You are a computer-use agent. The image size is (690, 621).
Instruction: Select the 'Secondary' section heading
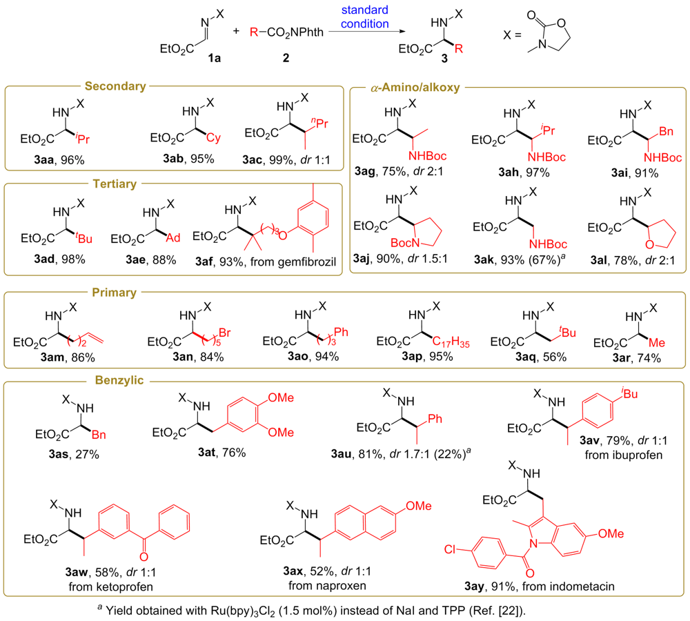(x=115, y=87)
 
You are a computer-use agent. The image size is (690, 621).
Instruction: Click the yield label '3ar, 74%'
(x=633, y=357)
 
